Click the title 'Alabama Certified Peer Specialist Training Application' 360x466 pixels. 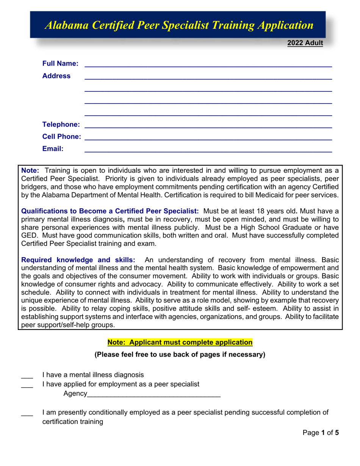click(x=179, y=25)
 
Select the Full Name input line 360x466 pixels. click(x=208, y=64)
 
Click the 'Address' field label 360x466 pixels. click(x=56, y=76)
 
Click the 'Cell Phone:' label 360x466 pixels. click(x=61, y=136)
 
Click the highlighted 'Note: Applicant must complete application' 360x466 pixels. click(x=180, y=342)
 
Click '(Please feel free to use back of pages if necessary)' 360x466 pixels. click(x=180, y=355)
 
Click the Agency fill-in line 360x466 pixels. click(x=153, y=395)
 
